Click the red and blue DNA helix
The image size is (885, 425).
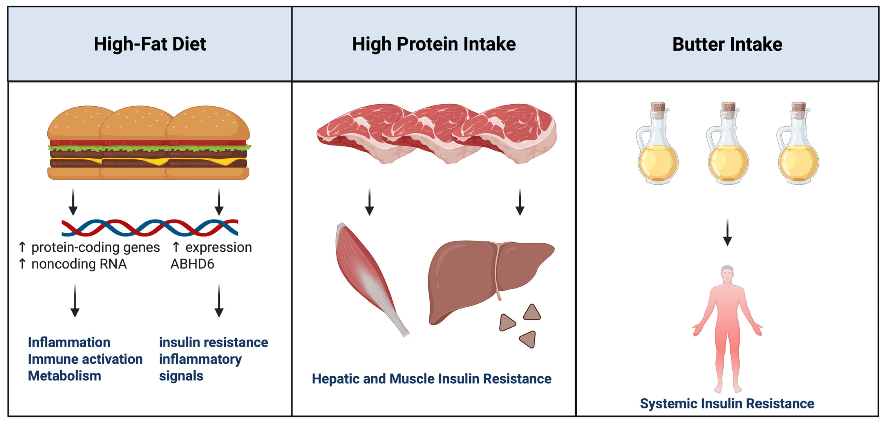coord(150,228)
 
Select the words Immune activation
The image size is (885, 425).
coord(85,359)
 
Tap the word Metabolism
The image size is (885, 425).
coord(65,376)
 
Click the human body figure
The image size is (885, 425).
coord(727,326)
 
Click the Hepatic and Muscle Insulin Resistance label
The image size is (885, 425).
coord(431,379)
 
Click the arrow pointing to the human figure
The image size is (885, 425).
coord(727,232)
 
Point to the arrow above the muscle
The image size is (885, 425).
coord(369,202)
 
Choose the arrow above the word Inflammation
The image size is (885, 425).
coord(75,300)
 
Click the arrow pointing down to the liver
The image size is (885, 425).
coord(520,202)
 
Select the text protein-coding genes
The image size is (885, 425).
coord(96,247)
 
